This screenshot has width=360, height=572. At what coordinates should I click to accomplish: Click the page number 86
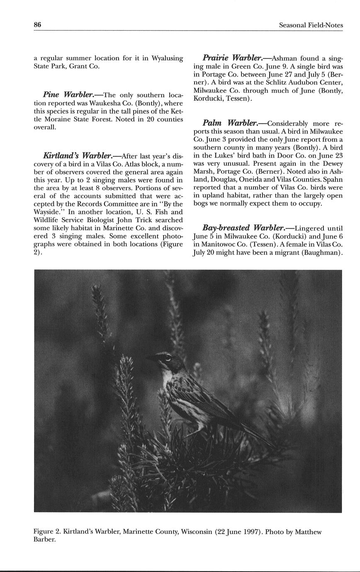tap(37, 25)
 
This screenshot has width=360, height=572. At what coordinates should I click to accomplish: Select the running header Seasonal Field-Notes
tap(311, 25)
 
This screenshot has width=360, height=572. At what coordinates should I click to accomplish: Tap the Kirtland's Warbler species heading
tap(78, 156)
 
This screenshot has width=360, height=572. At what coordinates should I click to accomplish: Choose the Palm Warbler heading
tap(229, 123)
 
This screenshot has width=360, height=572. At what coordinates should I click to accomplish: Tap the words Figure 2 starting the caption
tap(47, 532)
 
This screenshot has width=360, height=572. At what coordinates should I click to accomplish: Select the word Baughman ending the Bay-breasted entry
tap(322, 252)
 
